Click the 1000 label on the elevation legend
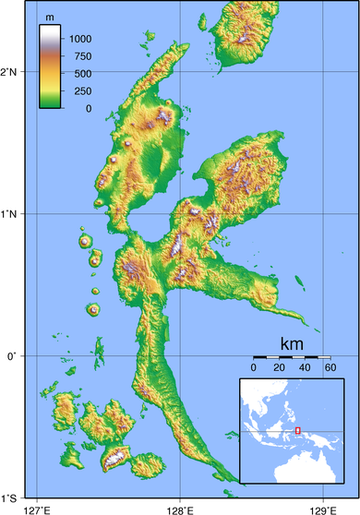point(79,39)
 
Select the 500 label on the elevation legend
point(83,74)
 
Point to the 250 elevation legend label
point(83,91)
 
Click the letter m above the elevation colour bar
point(51,17)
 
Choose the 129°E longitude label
point(322,509)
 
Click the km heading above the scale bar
point(292,343)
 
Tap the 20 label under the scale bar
point(279,368)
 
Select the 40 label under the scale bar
point(304,368)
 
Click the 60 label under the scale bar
point(330,368)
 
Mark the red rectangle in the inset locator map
point(297,430)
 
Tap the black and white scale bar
point(291,357)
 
